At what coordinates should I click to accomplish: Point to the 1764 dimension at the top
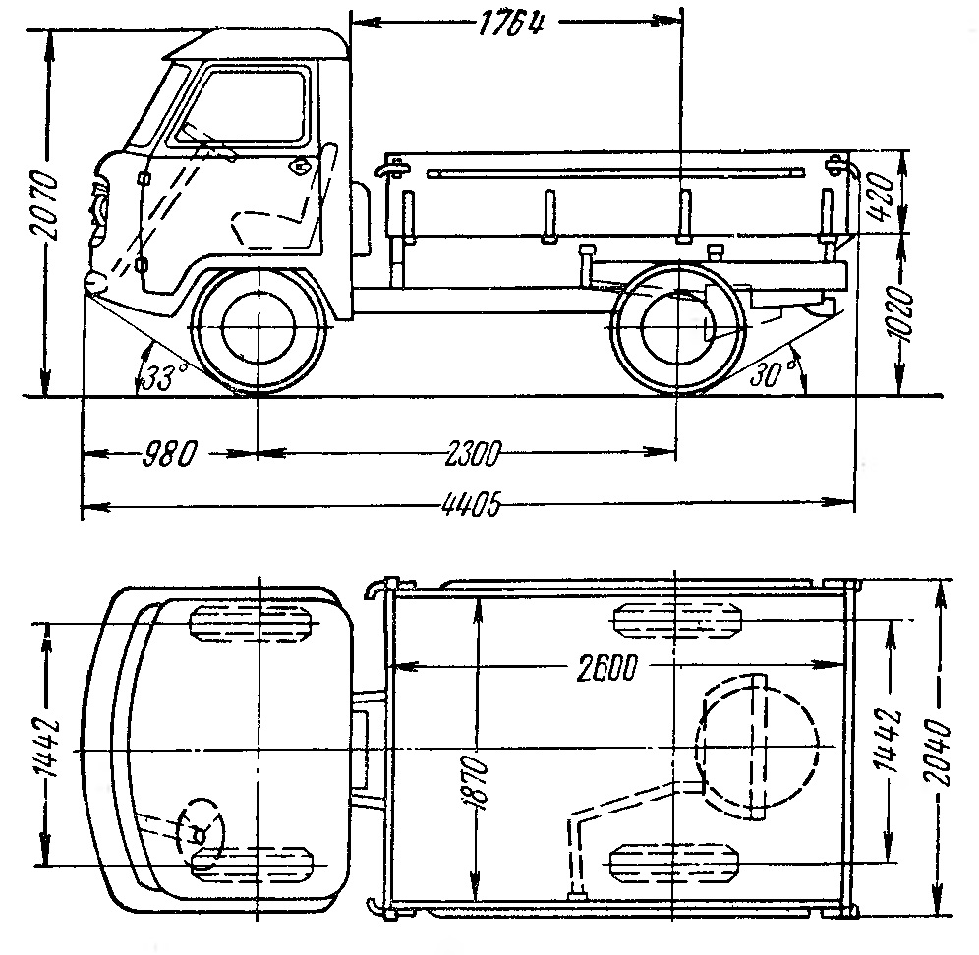512,22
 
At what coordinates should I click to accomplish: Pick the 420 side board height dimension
881,192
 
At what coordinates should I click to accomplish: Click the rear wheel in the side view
675,330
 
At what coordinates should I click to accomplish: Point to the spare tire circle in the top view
758,748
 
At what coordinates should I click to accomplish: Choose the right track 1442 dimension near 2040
890,744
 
